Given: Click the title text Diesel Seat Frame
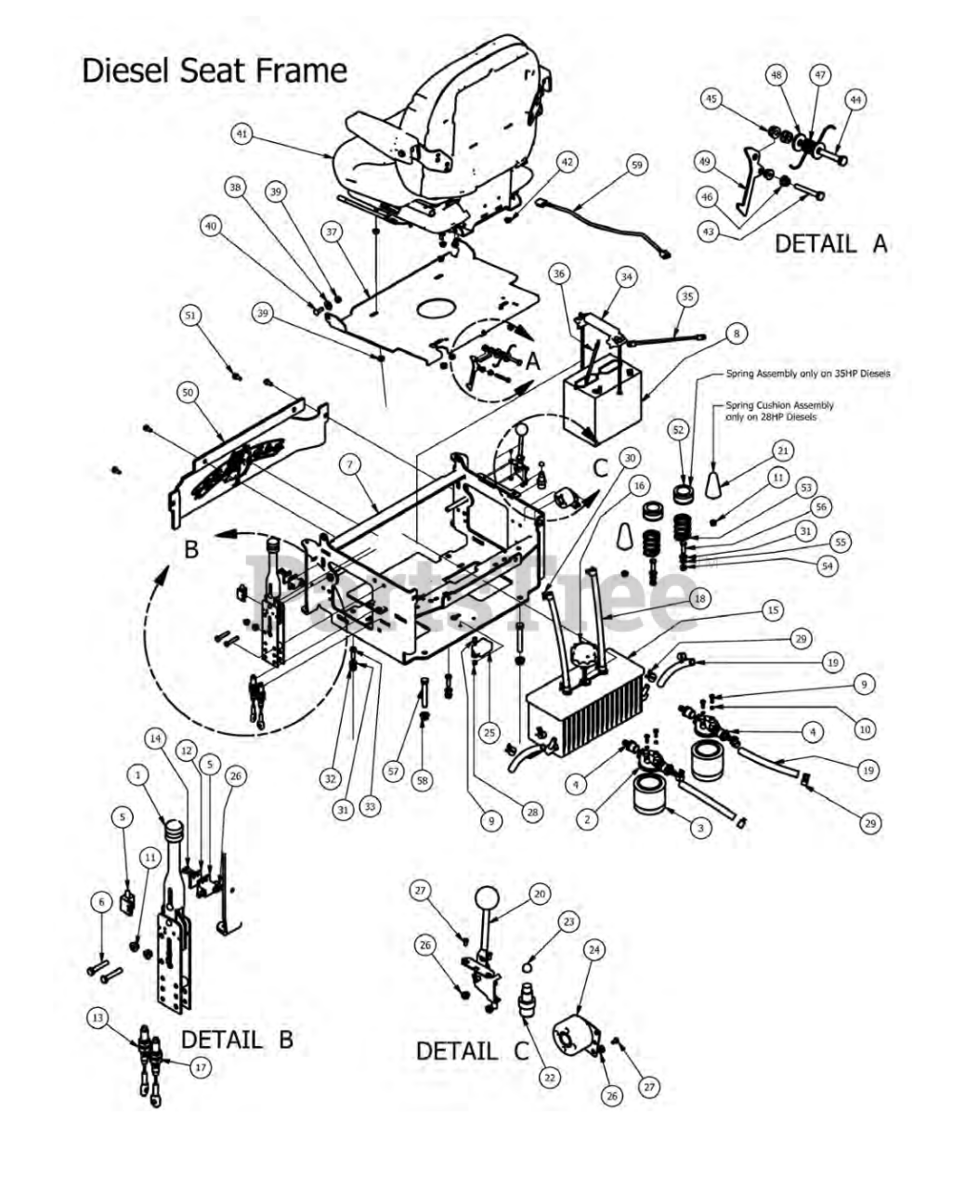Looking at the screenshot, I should pyautogui.click(x=215, y=72).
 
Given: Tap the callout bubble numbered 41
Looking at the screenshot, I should pyautogui.click(x=242, y=135).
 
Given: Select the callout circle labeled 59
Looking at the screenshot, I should pyautogui.click(x=636, y=165).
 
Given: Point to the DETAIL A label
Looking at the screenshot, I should pyautogui.click(x=831, y=244).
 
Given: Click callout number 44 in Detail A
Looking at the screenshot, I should pyautogui.click(x=854, y=99).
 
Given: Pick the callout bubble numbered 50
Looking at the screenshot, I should pyautogui.click(x=189, y=394).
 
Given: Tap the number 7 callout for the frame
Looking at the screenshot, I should pyautogui.click(x=349, y=464).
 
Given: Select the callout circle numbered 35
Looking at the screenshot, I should pyautogui.click(x=686, y=297).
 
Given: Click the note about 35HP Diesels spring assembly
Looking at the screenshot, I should pyautogui.click(x=806, y=373).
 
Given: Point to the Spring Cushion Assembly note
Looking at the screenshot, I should pyautogui.click(x=779, y=411).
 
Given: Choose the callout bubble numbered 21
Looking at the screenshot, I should pyautogui.click(x=782, y=451).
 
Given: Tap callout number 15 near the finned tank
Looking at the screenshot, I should pyautogui.click(x=773, y=610).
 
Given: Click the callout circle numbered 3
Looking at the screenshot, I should pyautogui.click(x=700, y=827).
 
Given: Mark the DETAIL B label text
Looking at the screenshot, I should pyautogui.click(x=237, y=1039).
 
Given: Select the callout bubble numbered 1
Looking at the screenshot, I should pyautogui.click(x=138, y=774).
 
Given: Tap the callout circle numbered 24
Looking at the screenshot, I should pyautogui.click(x=593, y=950).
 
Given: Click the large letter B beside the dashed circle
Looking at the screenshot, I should pyautogui.click(x=191, y=549).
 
